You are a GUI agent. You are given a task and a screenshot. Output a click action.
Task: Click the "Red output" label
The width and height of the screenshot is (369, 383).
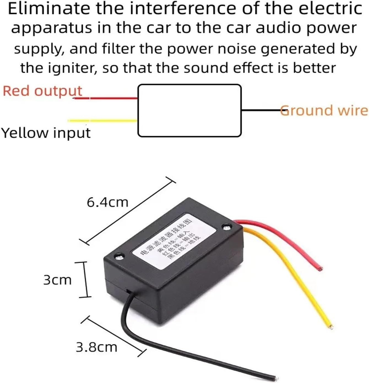42,91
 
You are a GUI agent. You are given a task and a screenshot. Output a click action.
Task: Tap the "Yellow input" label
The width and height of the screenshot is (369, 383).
46,133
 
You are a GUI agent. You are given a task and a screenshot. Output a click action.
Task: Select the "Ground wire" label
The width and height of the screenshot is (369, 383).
324,110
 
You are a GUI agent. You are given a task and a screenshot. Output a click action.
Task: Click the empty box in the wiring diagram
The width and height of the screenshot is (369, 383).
189,110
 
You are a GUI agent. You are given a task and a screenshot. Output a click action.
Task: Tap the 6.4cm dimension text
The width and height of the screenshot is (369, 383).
108,203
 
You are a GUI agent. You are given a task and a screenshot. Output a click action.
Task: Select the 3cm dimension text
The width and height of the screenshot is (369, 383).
57,280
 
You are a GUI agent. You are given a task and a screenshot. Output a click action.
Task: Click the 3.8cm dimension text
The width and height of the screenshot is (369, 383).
96,347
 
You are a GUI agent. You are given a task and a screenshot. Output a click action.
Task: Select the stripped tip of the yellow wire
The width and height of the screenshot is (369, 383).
331,327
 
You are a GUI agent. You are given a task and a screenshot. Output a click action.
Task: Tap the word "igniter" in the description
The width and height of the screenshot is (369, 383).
66,68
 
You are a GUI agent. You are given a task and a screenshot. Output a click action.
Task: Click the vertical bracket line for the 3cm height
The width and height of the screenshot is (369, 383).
85,280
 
